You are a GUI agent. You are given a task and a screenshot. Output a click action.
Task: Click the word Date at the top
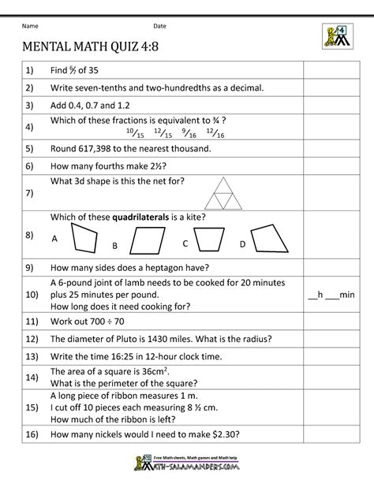pos(159,25)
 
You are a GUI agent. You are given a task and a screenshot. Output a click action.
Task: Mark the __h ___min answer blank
pos(331,295)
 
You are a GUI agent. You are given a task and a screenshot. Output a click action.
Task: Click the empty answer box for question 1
pos(331,71)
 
